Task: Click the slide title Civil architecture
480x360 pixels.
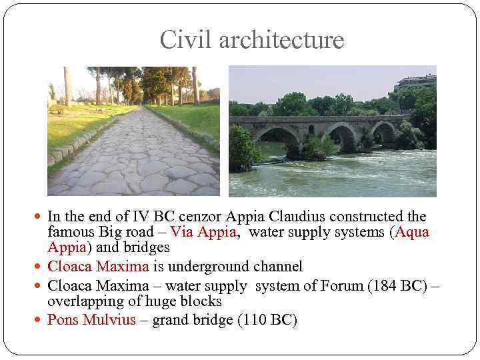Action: pos(251,40)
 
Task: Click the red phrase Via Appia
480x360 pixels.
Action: pos(203,232)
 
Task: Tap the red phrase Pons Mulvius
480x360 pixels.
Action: pos(91,319)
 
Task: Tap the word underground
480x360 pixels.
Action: pos(211,267)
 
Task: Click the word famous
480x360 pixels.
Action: pos(70,232)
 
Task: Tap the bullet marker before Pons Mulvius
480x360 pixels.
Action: pos(39,320)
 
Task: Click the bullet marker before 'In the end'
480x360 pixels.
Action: pos(39,217)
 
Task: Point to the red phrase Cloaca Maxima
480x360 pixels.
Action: pos(98,267)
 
